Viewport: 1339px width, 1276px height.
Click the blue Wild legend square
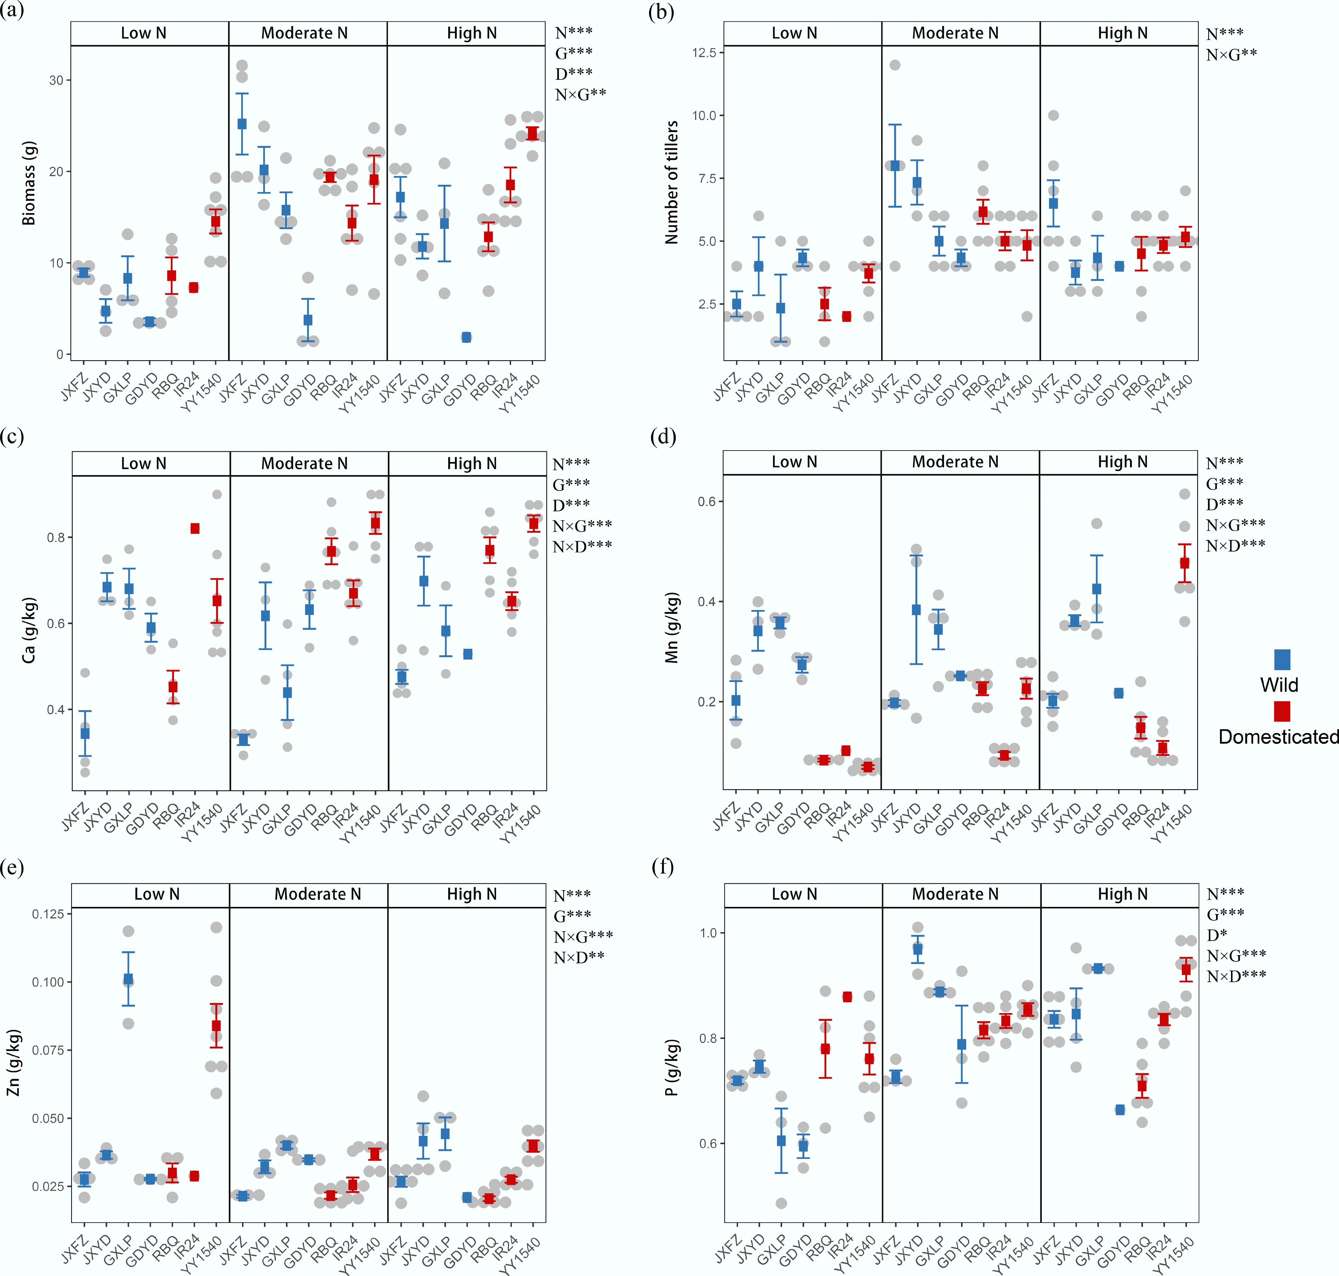point(1282,659)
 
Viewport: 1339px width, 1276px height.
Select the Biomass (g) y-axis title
point(29,184)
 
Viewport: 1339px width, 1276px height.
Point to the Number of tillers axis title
point(672,182)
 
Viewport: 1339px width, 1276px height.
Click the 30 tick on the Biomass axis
point(56,80)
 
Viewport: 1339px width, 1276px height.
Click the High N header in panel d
point(1122,462)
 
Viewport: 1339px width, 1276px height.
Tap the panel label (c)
point(12,436)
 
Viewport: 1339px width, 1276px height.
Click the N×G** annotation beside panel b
point(1231,55)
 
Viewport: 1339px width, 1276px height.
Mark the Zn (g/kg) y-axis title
point(13,1062)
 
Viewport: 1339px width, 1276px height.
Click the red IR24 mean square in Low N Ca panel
point(195,529)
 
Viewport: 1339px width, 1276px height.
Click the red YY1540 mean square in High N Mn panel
point(1185,563)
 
